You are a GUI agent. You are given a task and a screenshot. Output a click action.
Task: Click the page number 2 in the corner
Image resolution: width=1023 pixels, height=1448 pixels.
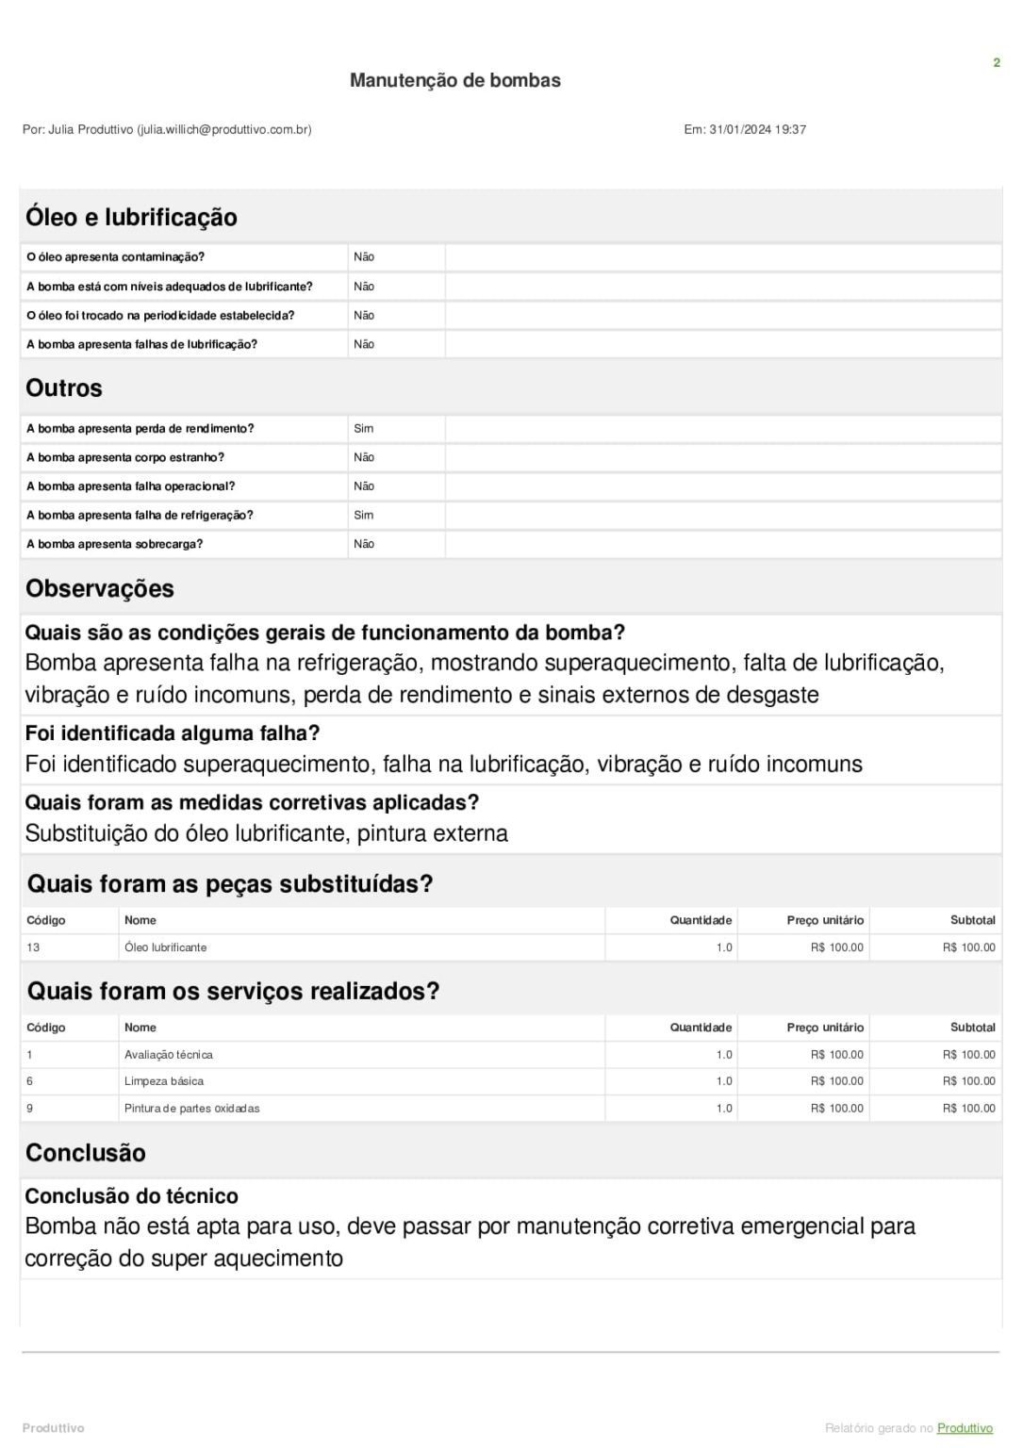tap(996, 63)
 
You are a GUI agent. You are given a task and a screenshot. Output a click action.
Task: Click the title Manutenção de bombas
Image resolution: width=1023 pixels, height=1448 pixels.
tap(454, 80)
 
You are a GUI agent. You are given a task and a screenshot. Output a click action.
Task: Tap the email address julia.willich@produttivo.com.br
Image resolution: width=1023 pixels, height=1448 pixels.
tap(224, 130)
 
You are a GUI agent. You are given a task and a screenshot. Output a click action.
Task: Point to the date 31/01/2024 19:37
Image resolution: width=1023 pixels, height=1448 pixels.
tap(757, 130)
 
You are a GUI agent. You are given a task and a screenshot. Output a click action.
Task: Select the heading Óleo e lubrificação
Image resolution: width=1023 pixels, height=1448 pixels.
tap(131, 217)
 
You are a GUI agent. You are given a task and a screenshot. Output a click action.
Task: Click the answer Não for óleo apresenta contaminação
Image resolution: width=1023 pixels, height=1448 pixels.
tap(364, 257)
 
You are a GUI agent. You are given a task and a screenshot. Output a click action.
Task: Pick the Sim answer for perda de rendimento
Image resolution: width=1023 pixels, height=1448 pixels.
tap(364, 429)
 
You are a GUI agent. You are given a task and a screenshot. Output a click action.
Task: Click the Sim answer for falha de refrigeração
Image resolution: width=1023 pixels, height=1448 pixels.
tap(364, 516)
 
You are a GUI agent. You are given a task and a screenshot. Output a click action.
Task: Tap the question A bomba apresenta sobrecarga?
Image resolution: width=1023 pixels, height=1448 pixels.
tap(114, 545)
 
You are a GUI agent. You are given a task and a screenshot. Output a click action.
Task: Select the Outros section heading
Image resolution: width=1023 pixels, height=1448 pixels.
tap(64, 388)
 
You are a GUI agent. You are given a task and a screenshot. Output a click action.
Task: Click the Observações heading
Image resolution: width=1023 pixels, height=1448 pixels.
tap(100, 589)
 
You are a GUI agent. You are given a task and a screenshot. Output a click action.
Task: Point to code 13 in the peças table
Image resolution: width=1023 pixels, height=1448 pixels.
tap(33, 947)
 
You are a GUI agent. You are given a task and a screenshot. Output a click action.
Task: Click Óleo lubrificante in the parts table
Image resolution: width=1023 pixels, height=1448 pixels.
tap(165, 947)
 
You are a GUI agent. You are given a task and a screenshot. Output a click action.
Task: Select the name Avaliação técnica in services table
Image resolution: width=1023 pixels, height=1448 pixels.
tap(169, 1055)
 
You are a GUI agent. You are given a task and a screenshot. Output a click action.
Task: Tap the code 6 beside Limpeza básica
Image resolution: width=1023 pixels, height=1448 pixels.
tap(29, 1081)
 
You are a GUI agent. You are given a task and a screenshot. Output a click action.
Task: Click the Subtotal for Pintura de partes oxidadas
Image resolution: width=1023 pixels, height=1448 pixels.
tap(968, 1109)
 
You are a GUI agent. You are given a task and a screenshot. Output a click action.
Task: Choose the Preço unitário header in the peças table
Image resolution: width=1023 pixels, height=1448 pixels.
tap(825, 920)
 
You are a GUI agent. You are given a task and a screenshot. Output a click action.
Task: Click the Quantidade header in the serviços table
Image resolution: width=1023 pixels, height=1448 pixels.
tap(701, 1028)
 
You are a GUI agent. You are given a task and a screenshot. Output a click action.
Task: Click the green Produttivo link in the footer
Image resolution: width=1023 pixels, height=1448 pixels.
tap(965, 1428)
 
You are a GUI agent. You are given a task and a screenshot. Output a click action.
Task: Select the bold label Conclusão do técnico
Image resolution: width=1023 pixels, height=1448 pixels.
tap(131, 1196)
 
